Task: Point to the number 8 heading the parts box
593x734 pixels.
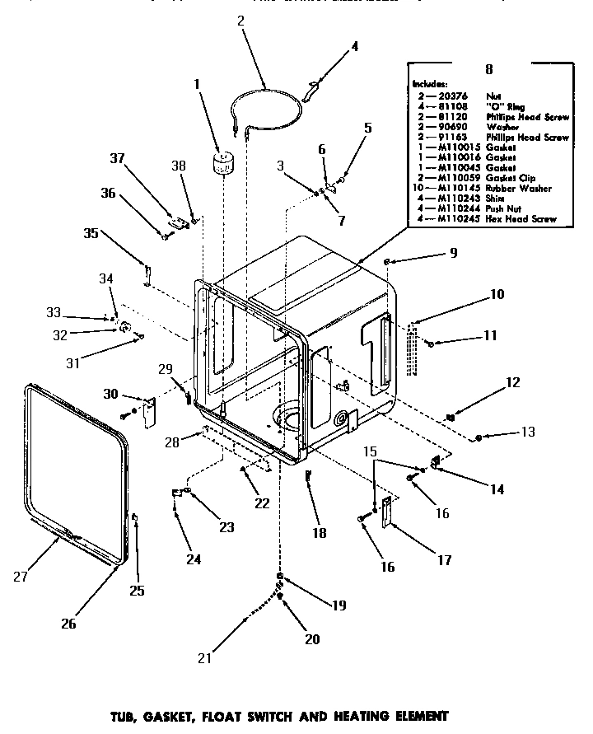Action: tap(489, 70)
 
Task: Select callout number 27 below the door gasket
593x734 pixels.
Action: tap(21, 577)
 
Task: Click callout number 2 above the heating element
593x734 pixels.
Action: tap(240, 22)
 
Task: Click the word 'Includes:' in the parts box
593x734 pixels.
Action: tap(431, 84)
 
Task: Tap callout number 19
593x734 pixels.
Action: tap(339, 605)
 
